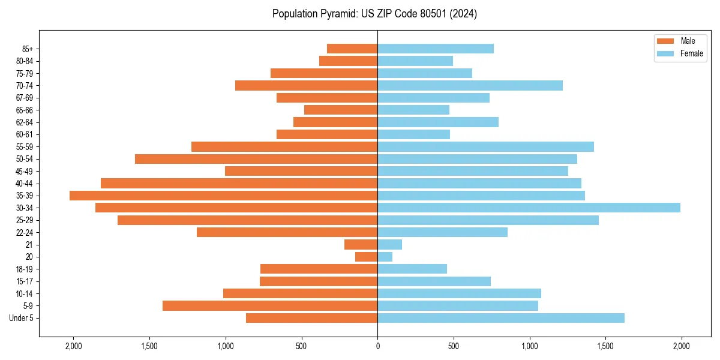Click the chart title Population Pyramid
pyautogui.click(x=374, y=14)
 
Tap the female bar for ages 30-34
pyautogui.click(x=529, y=208)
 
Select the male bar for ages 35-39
pyautogui.click(x=223, y=196)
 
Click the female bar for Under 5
pyautogui.click(x=501, y=318)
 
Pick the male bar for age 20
pyautogui.click(x=366, y=257)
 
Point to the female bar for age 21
pyautogui.click(x=389, y=244)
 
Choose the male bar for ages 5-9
pyautogui.click(x=270, y=305)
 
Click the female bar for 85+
pyautogui.click(x=436, y=49)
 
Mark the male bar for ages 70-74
pyautogui.click(x=306, y=85)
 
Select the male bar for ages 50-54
pyautogui.click(x=256, y=159)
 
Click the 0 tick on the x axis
pyautogui.click(x=377, y=346)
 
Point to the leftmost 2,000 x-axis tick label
pyautogui.click(x=73, y=346)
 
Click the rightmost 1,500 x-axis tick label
pyautogui.click(x=605, y=346)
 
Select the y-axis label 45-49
pyautogui.click(x=25, y=171)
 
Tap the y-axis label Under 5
pyautogui.click(x=22, y=318)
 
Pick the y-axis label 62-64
pyautogui.click(x=25, y=122)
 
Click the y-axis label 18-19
pyautogui.click(x=25, y=269)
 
